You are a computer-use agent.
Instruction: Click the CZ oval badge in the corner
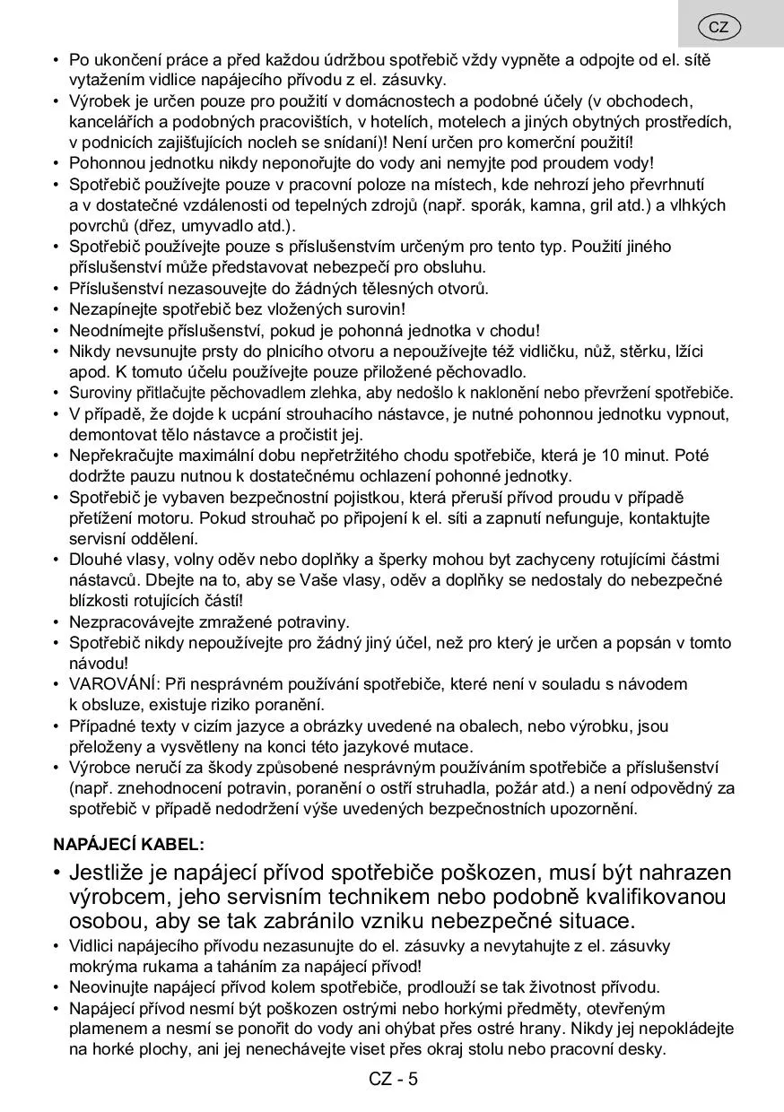pos(719,27)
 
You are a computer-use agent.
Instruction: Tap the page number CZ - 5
pos(393,1079)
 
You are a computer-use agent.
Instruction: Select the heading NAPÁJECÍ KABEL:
pos(128,844)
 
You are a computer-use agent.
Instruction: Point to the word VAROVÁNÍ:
pos(110,684)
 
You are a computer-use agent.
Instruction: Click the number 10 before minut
pos(639,456)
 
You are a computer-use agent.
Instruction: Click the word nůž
pos(622,351)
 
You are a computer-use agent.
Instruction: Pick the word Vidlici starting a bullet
pos(93,946)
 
